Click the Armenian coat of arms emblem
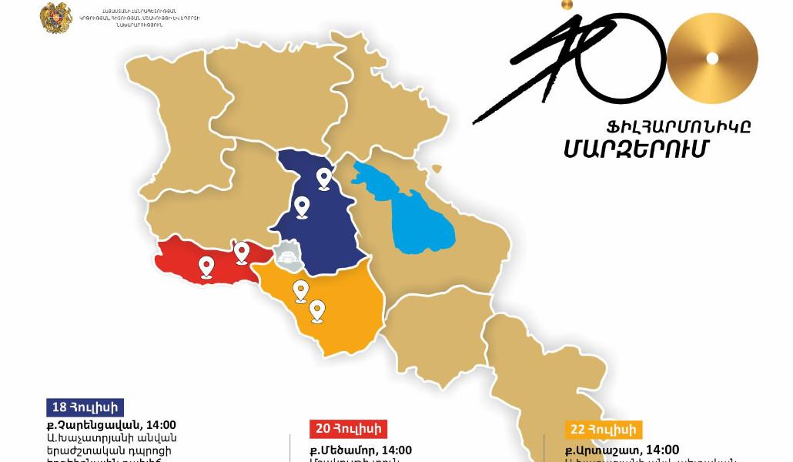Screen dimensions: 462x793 click(56, 17)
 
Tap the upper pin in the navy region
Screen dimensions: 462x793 click(324, 179)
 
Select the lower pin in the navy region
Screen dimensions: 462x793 click(303, 206)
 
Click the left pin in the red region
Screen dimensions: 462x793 click(206, 266)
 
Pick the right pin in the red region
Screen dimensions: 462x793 click(241, 251)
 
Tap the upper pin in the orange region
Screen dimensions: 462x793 click(301, 290)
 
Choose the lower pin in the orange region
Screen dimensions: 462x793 click(316, 310)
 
